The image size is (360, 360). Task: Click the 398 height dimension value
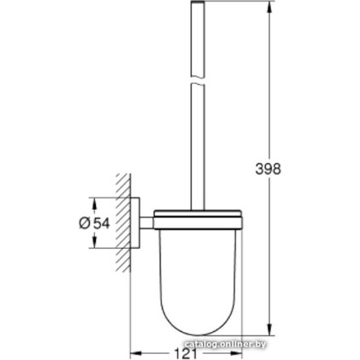[x=267, y=168]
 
